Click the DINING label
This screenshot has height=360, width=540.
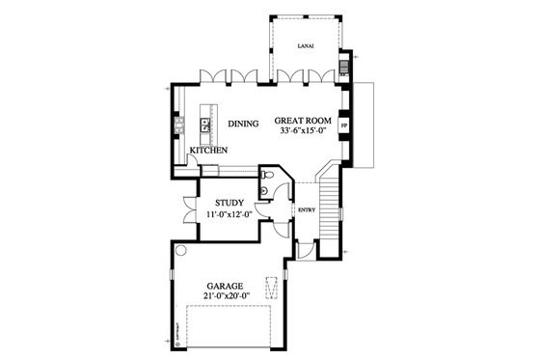click(242, 125)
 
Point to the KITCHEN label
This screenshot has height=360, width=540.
click(208, 152)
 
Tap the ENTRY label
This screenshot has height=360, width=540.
click(307, 209)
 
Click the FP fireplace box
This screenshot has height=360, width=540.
click(345, 125)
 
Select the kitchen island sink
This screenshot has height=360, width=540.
click(205, 123)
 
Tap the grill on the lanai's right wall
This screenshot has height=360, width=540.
click(343, 69)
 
